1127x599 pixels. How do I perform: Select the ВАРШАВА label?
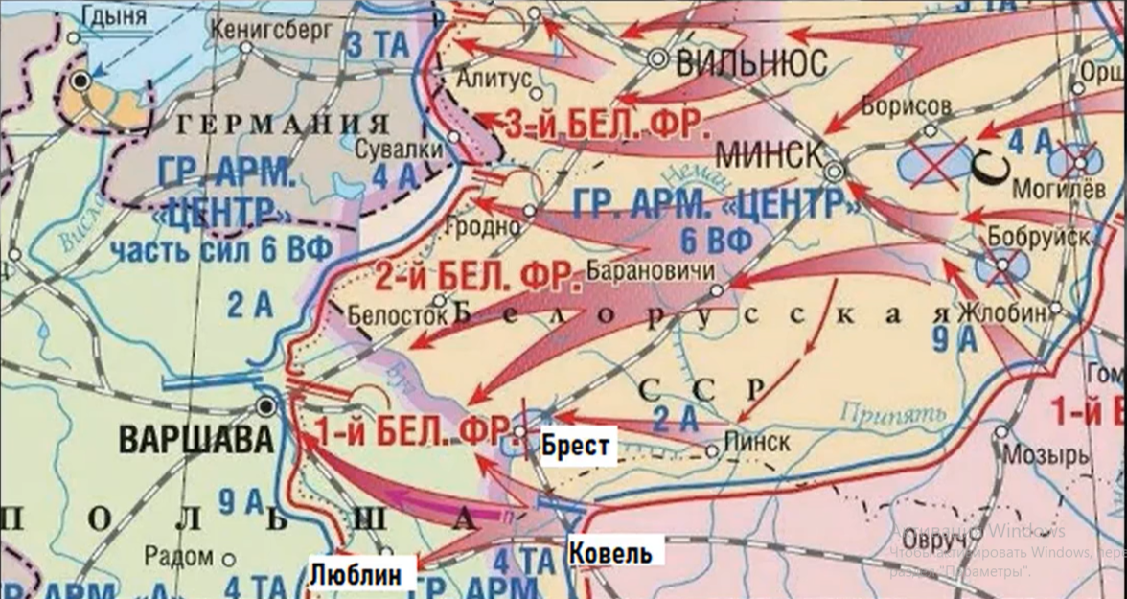point(196,440)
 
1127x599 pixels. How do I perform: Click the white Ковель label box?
point(610,553)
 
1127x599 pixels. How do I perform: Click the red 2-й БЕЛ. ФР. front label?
point(478,278)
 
